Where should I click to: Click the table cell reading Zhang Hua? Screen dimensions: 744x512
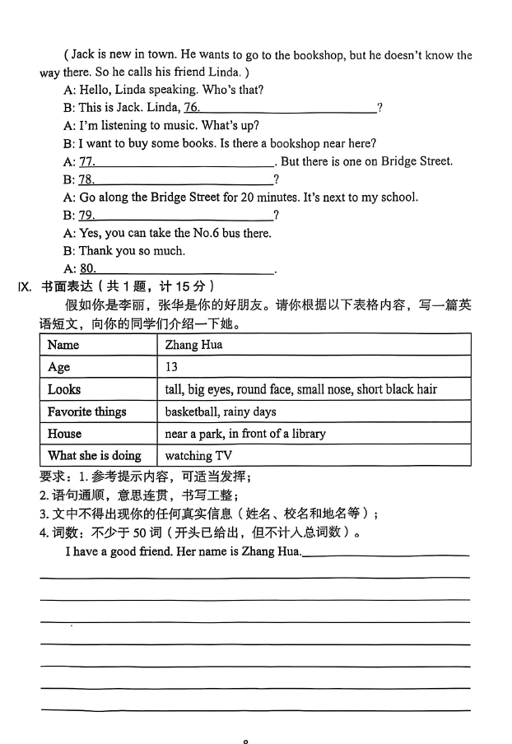193,345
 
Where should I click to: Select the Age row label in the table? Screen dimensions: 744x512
59,367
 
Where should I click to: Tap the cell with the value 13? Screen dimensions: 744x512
171,367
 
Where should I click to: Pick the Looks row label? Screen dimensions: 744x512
64,389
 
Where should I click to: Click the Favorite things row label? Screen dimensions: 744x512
86,412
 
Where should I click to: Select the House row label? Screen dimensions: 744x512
65,434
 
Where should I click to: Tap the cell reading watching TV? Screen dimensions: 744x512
198,456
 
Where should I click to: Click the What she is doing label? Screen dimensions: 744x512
94,456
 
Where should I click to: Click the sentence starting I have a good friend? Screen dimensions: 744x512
183,551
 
